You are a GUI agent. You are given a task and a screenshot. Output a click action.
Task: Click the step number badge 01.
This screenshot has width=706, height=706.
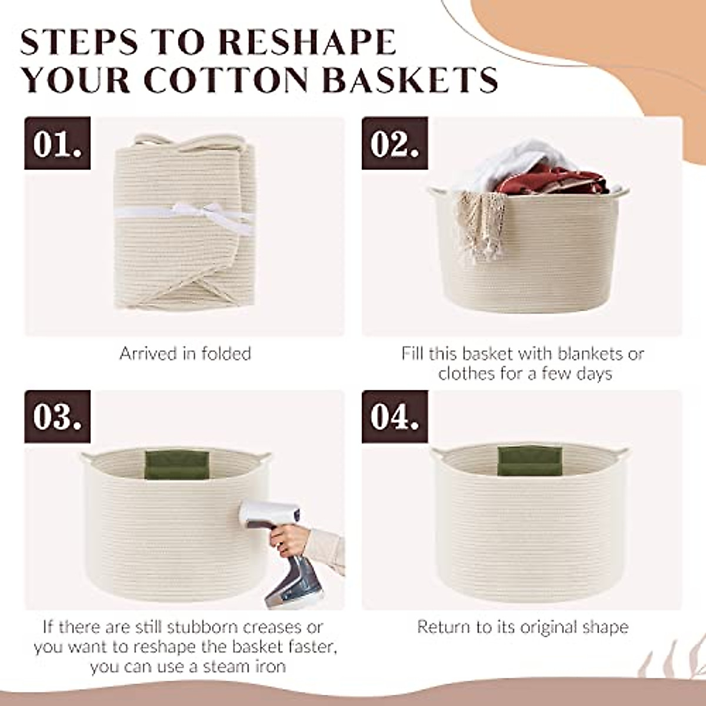57,143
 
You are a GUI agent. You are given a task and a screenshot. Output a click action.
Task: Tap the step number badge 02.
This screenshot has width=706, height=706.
394,143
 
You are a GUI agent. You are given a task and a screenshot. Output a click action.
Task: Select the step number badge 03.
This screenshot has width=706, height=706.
57,417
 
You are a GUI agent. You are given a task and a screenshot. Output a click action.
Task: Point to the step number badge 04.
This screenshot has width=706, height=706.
394,417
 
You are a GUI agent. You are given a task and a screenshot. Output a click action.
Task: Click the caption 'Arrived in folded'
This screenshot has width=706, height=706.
185,354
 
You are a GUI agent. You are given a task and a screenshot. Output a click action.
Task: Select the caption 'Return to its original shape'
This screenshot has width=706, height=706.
522,627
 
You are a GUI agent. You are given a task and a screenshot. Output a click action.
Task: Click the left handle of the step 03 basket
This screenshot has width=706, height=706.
86,458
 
